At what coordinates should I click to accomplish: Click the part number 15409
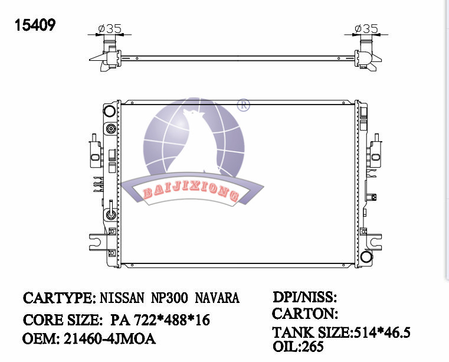35,25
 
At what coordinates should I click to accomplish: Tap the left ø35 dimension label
110,29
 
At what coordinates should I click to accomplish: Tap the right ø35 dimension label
366,29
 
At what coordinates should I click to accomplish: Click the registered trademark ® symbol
244,105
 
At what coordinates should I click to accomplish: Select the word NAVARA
217,298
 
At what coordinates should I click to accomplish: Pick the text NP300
169,298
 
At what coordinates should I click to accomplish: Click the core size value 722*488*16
172,320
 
